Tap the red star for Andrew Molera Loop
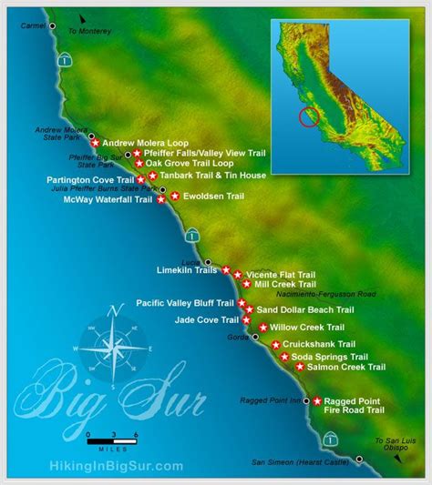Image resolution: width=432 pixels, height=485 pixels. tap(95, 143)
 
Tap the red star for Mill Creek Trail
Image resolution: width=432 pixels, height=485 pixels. tap(246, 284)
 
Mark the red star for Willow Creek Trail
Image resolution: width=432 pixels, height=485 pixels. tap(263, 327)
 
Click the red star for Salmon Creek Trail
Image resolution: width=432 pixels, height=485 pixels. tap(300, 367)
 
